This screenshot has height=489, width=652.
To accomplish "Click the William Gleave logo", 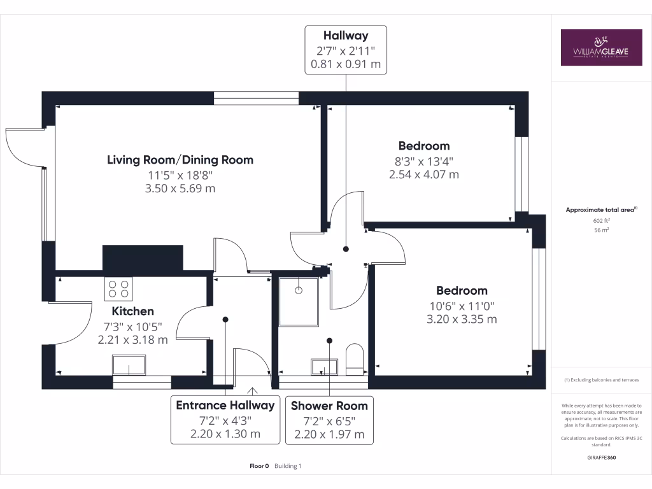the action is [x=601, y=47].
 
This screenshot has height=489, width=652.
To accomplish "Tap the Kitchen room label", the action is [x=132, y=311].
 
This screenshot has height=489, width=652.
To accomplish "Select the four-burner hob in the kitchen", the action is [x=118, y=288].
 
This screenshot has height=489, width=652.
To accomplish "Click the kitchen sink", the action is [x=129, y=365].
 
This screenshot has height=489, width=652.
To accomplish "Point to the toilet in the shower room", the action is [x=355, y=359].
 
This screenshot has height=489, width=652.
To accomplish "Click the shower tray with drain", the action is [x=299, y=301].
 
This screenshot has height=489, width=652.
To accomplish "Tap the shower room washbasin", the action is [x=324, y=367].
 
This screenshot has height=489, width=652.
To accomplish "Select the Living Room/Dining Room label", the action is [x=180, y=160].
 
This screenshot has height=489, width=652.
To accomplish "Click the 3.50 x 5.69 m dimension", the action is [x=180, y=188].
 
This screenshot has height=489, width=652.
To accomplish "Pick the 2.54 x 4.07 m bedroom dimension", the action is [x=424, y=174].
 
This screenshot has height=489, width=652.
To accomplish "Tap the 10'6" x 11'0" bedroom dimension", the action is [x=462, y=306].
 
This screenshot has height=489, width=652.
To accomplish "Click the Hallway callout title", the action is [x=346, y=36].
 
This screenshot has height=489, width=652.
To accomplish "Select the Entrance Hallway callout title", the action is [x=225, y=406].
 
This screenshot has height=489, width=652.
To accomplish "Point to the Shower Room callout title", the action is [x=329, y=406].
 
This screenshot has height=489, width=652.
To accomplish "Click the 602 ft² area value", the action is [x=601, y=221].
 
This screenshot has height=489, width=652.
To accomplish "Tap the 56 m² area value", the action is [x=601, y=230].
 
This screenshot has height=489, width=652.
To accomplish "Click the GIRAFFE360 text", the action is [x=601, y=457].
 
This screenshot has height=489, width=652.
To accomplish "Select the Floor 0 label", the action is [x=259, y=466].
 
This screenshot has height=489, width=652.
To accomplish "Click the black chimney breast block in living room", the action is [x=143, y=258].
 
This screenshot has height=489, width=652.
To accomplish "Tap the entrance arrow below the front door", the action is [x=252, y=391].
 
